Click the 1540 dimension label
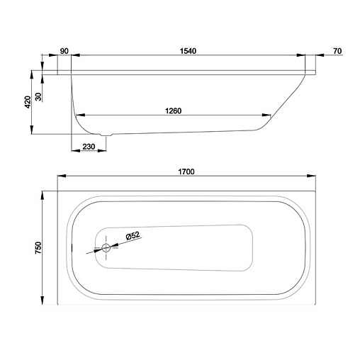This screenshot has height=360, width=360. pyautogui.click(x=188, y=51)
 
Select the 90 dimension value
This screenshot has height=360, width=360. pyautogui.click(x=64, y=51)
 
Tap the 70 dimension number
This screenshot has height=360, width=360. pyautogui.click(x=337, y=51)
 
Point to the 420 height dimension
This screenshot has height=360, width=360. pyautogui.click(x=28, y=102)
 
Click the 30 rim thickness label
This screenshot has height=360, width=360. pyautogui.click(x=38, y=96)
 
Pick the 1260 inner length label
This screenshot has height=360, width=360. pyautogui.click(x=173, y=111)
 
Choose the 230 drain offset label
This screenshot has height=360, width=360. pyautogui.click(x=89, y=147)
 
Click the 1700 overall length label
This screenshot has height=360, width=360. pyautogui.click(x=186, y=171)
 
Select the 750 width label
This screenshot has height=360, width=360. pyautogui.click(x=38, y=247)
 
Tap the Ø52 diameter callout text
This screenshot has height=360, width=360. pyautogui.click(x=133, y=235)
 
